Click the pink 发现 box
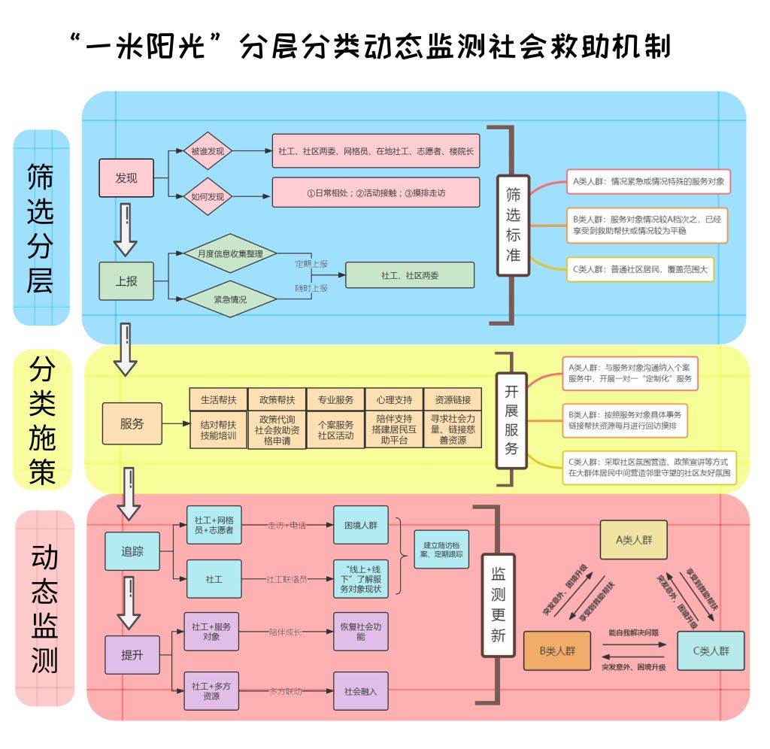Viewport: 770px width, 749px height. (x=126, y=178)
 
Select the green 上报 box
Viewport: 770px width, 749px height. (x=126, y=281)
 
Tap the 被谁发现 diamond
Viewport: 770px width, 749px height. (x=207, y=151)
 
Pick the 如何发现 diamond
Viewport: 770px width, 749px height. (x=207, y=196)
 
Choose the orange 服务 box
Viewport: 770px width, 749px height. (x=132, y=423)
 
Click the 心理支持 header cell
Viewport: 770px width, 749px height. (x=394, y=399)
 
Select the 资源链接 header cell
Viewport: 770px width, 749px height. (x=453, y=399)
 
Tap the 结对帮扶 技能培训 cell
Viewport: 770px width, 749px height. (x=218, y=429)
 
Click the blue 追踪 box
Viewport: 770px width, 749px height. (x=132, y=550)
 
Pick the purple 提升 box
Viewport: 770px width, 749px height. (x=132, y=654)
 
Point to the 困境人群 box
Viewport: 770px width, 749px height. (x=361, y=524)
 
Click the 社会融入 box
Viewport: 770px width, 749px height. (x=361, y=691)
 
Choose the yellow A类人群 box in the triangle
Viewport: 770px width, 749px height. (x=633, y=539)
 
